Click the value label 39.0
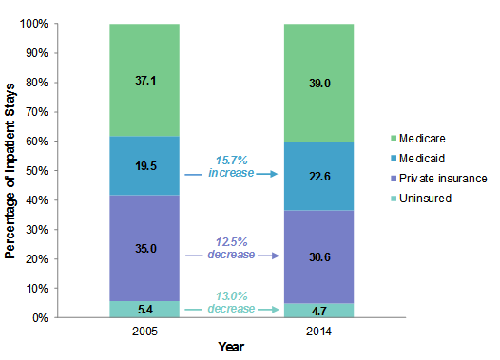click(318, 84)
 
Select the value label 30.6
click(318, 258)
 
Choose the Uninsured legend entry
click(429, 198)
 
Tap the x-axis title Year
click(231, 348)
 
